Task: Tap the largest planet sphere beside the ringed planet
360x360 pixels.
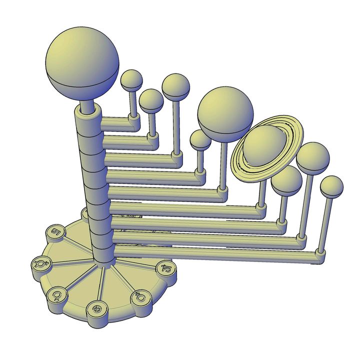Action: pos(225,112)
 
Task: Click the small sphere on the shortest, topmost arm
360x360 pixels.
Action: pos(132,80)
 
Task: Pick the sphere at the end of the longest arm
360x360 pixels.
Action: pos(331,187)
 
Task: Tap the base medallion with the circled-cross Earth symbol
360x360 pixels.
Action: pos(96,308)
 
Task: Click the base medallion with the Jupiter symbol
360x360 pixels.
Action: pos(165,268)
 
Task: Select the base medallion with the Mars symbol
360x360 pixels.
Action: pos(140,298)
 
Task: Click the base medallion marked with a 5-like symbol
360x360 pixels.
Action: pos(56,232)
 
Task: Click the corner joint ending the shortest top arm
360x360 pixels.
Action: pos(133,120)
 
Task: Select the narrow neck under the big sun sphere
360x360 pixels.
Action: pos(88,106)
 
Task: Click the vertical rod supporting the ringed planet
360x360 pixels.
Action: pos(261,190)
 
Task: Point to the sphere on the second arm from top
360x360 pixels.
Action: pos(151,100)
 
